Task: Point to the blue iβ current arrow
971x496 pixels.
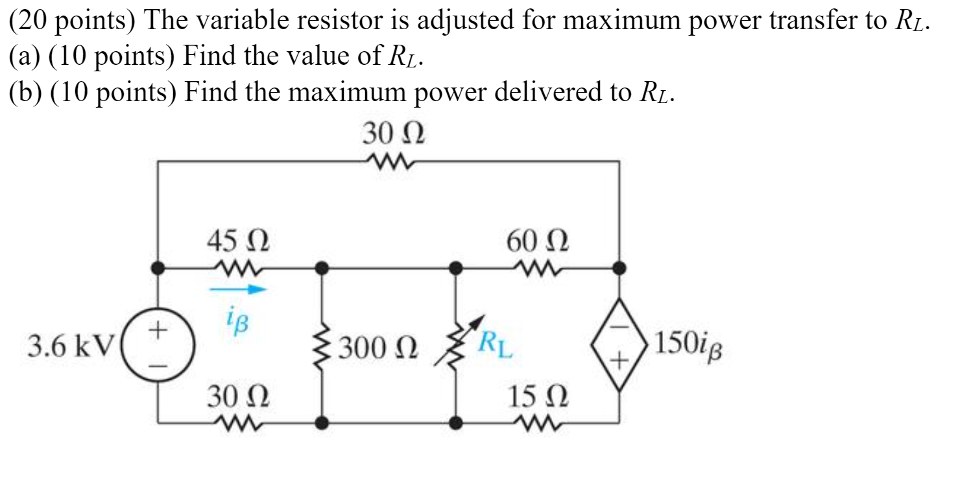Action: (x=238, y=290)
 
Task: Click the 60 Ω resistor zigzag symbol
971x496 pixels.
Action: (x=536, y=266)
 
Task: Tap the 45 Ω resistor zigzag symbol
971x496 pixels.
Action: (x=238, y=266)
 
